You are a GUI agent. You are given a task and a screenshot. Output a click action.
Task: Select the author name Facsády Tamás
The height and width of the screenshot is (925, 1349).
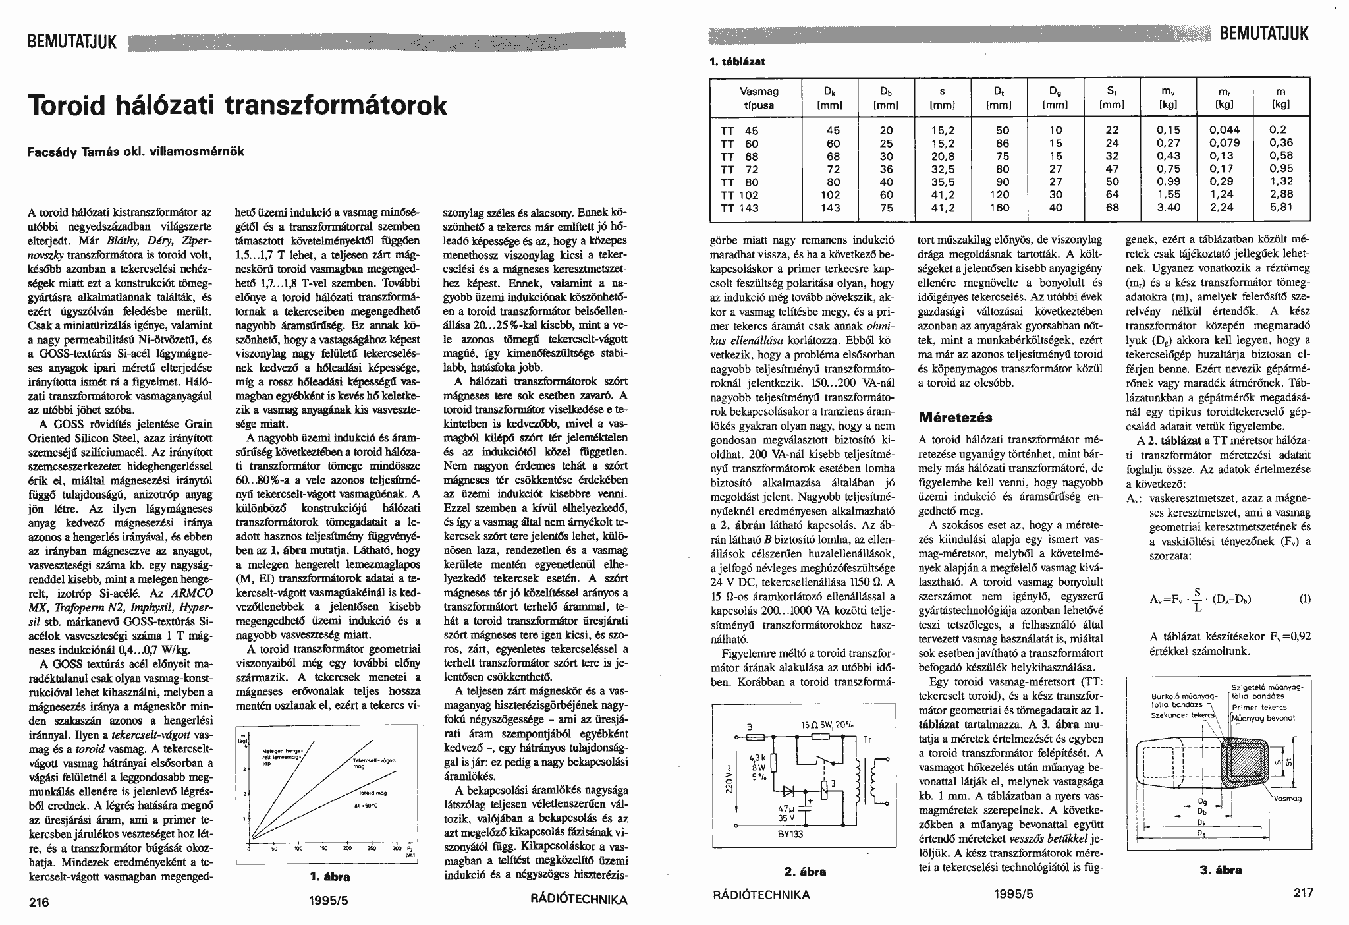click(80, 151)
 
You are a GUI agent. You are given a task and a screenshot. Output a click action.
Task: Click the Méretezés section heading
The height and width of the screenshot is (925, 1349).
click(955, 418)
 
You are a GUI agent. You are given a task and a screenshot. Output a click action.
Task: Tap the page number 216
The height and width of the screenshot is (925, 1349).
click(39, 902)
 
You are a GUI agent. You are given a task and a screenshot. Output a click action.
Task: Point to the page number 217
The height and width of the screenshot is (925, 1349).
click(1302, 893)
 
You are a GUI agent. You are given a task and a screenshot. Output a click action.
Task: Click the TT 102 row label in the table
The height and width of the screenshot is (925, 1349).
click(740, 195)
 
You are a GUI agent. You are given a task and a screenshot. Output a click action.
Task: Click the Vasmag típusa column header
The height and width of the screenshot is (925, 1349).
click(759, 98)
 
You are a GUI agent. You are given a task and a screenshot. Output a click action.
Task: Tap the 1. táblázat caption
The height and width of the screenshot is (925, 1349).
click(736, 62)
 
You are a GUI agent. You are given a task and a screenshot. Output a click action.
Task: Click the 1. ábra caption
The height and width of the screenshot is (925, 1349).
click(329, 877)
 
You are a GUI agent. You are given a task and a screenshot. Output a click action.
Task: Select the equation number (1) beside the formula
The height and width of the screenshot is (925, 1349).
click(1304, 599)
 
